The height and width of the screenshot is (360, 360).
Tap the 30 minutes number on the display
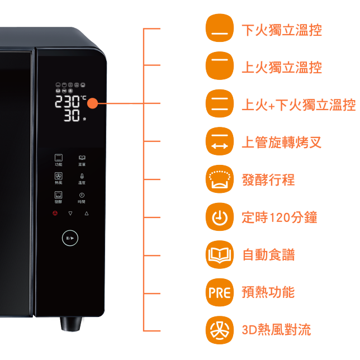pos(71,116)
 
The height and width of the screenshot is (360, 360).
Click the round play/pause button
pos(70,238)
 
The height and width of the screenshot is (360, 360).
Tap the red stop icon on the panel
pos(54,214)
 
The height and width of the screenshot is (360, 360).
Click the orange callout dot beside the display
pos(92,103)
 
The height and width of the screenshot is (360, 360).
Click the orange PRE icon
pos(219,292)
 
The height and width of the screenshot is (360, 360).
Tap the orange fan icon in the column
pos(219,330)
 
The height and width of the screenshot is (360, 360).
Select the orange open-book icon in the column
pos(219,255)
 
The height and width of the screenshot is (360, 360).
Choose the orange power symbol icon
pos(219,217)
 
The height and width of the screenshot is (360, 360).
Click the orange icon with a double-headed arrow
pos(219,140)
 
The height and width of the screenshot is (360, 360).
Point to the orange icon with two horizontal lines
pos(219,102)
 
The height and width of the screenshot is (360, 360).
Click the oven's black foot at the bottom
pos(70,324)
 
